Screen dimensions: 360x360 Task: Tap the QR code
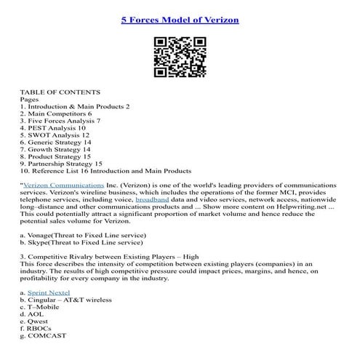point(180,57)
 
